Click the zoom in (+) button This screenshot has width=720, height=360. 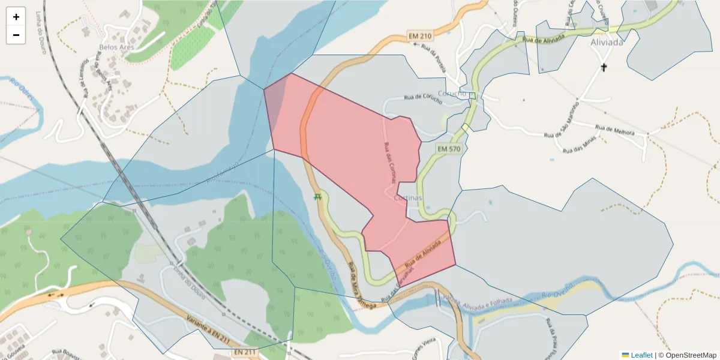(x=16, y=17)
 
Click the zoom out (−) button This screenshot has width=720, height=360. (x=16, y=35)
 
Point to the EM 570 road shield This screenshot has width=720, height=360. (x=449, y=148)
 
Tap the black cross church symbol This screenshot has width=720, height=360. (x=604, y=67)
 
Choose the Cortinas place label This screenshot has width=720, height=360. (x=409, y=197)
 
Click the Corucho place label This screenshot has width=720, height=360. (x=452, y=94)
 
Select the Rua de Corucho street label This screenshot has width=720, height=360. (x=423, y=100)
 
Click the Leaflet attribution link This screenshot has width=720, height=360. (x=641, y=355)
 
